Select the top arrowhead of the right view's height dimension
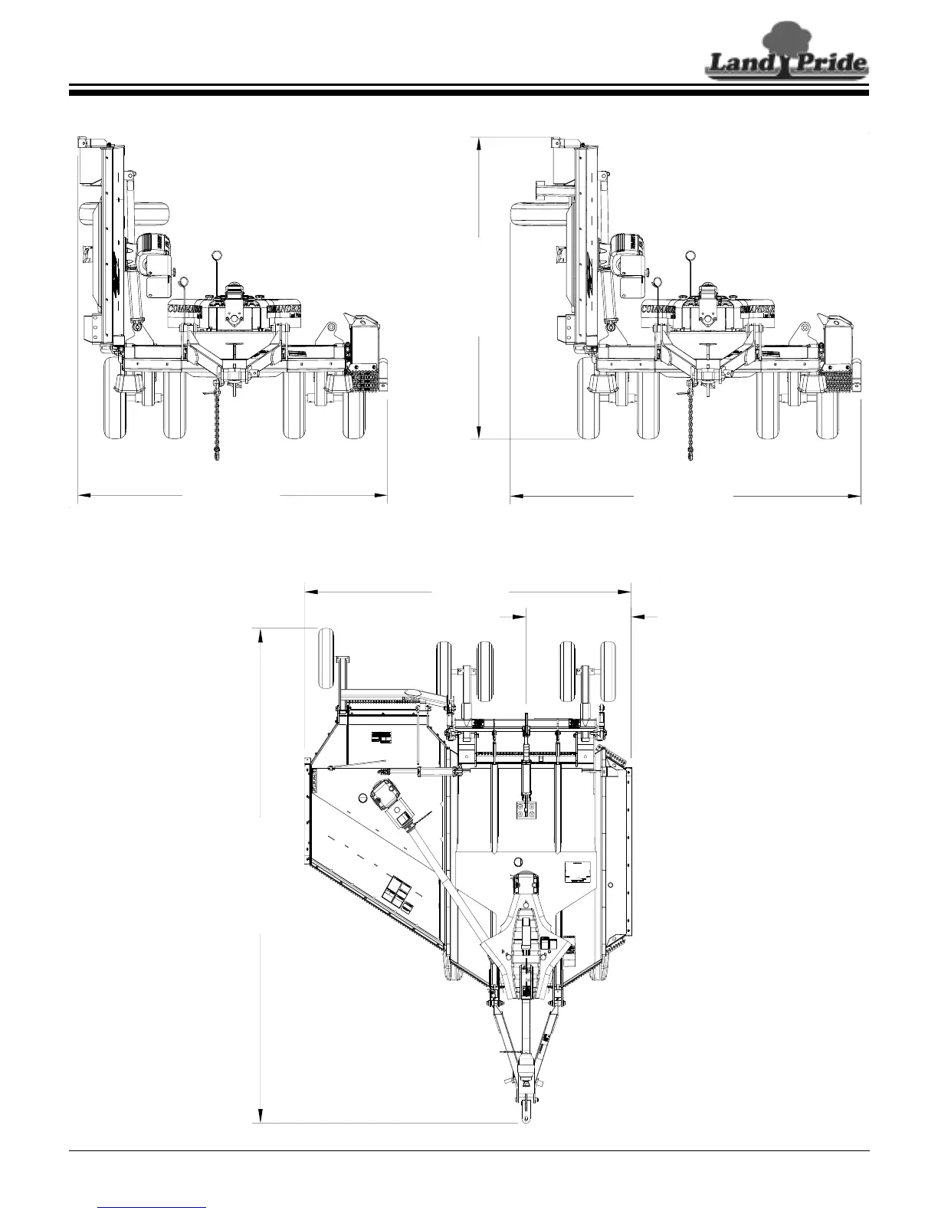click(x=479, y=142)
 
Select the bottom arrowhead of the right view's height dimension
click(x=479, y=432)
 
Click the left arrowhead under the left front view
click(x=85, y=496)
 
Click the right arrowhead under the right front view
click(x=854, y=496)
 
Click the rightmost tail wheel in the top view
click(x=609, y=671)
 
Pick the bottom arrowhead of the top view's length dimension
click(x=261, y=1115)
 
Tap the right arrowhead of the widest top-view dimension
click(x=625, y=591)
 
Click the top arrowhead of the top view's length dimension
click(x=261, y=635)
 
